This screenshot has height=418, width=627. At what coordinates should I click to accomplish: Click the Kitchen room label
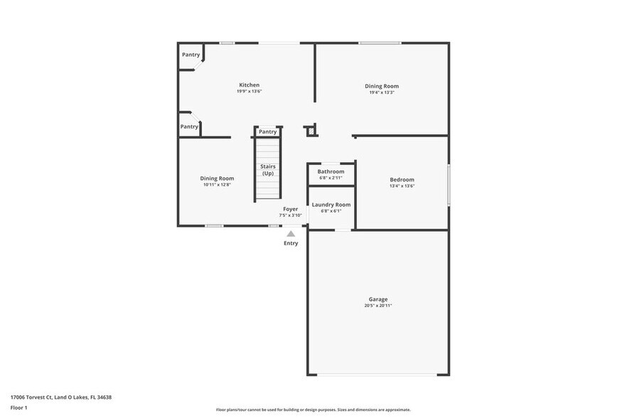point(249,85)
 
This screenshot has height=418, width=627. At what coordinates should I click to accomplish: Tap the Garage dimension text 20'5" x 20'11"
point(377,306)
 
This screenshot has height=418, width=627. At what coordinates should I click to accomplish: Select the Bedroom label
point(402,179)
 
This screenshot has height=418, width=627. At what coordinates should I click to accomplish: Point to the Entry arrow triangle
point(291,233)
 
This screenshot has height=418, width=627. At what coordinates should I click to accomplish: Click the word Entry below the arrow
point(291,243)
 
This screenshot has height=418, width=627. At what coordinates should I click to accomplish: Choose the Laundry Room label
point(331,204)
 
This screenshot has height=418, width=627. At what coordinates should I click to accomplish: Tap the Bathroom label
point(331,171)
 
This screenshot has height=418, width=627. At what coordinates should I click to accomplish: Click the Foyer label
point(290,209)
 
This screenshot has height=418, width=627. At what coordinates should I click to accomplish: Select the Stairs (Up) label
point(267,169)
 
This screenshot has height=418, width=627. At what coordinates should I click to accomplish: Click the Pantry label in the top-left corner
point(191,55)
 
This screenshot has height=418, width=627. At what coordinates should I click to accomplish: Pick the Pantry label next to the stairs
point(267,132)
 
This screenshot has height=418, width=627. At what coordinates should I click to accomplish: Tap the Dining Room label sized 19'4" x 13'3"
point(382,86)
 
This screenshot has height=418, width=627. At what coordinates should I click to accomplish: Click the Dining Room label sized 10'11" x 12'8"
point(217,178)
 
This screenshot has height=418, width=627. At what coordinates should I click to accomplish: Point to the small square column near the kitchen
point(309,131)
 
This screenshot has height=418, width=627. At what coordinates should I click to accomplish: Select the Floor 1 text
point(18,407)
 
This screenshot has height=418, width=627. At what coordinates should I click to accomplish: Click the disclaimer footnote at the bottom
point(313,409)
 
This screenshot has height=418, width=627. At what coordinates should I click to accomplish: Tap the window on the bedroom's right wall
point(448,185)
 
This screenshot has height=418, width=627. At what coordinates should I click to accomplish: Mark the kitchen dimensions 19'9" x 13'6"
point(249,91)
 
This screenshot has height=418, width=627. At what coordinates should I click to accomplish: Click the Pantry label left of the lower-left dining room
point(189,127)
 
